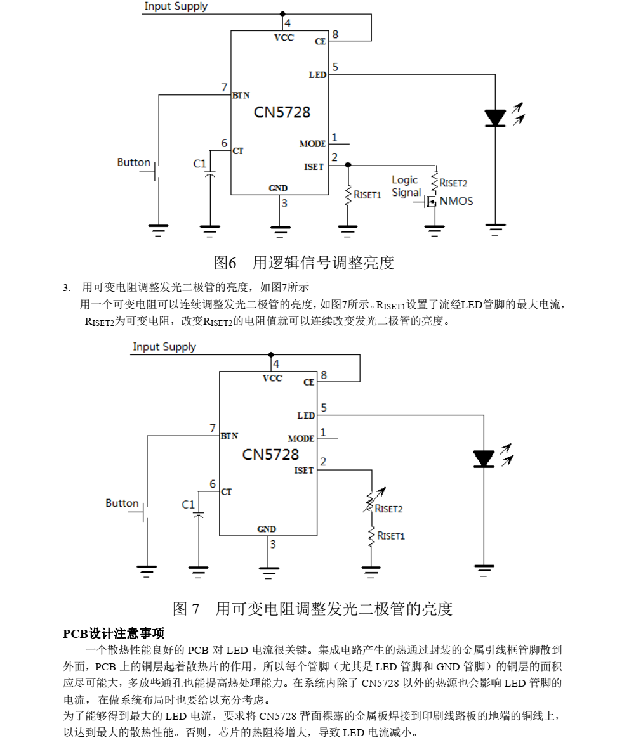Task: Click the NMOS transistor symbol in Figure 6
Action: pos(431,202)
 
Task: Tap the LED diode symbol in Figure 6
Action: pos(495,118)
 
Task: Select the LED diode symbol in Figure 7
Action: pos(484,458)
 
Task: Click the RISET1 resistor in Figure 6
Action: pos(348,195)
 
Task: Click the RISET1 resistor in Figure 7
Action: pos(372,536)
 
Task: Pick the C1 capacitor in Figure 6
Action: pos(210,173)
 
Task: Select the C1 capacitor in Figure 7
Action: pos(199,514)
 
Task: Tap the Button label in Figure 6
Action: pos(133,162)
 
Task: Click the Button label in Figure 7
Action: pos(122,503)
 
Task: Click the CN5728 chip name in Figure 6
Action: pos(282,112)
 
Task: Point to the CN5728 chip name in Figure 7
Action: pos(270,455)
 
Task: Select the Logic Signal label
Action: pos(406,186)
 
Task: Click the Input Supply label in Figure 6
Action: pos(176,6)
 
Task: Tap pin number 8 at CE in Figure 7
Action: pos(324,375)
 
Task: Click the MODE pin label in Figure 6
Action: pos(312,144)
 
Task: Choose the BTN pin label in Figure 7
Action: pos(229,436)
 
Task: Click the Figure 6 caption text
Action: pos(303,263)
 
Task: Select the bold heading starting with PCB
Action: pos(114,633)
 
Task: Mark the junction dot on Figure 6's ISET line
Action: pos(348,164)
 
